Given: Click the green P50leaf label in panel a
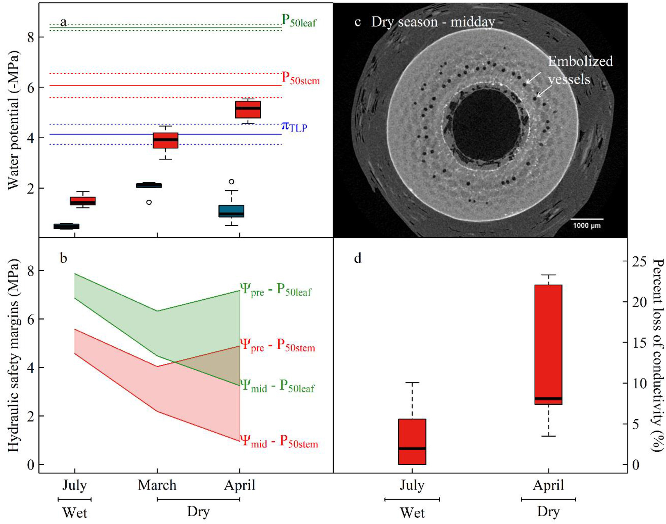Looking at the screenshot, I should pos(299,21).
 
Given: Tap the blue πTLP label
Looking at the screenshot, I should pos(294,126).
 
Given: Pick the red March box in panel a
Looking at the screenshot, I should pos(166,141).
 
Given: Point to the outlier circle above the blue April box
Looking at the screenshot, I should pos(232,182).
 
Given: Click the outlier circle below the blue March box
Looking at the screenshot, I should pos(149,202).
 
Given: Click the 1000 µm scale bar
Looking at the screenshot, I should pos(586,219).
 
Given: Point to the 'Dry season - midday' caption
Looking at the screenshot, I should pos(433,22).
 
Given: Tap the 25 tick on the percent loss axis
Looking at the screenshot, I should pos(640,261).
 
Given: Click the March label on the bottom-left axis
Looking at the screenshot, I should pos(157,485).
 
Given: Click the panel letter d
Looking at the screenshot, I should pos(358,258).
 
